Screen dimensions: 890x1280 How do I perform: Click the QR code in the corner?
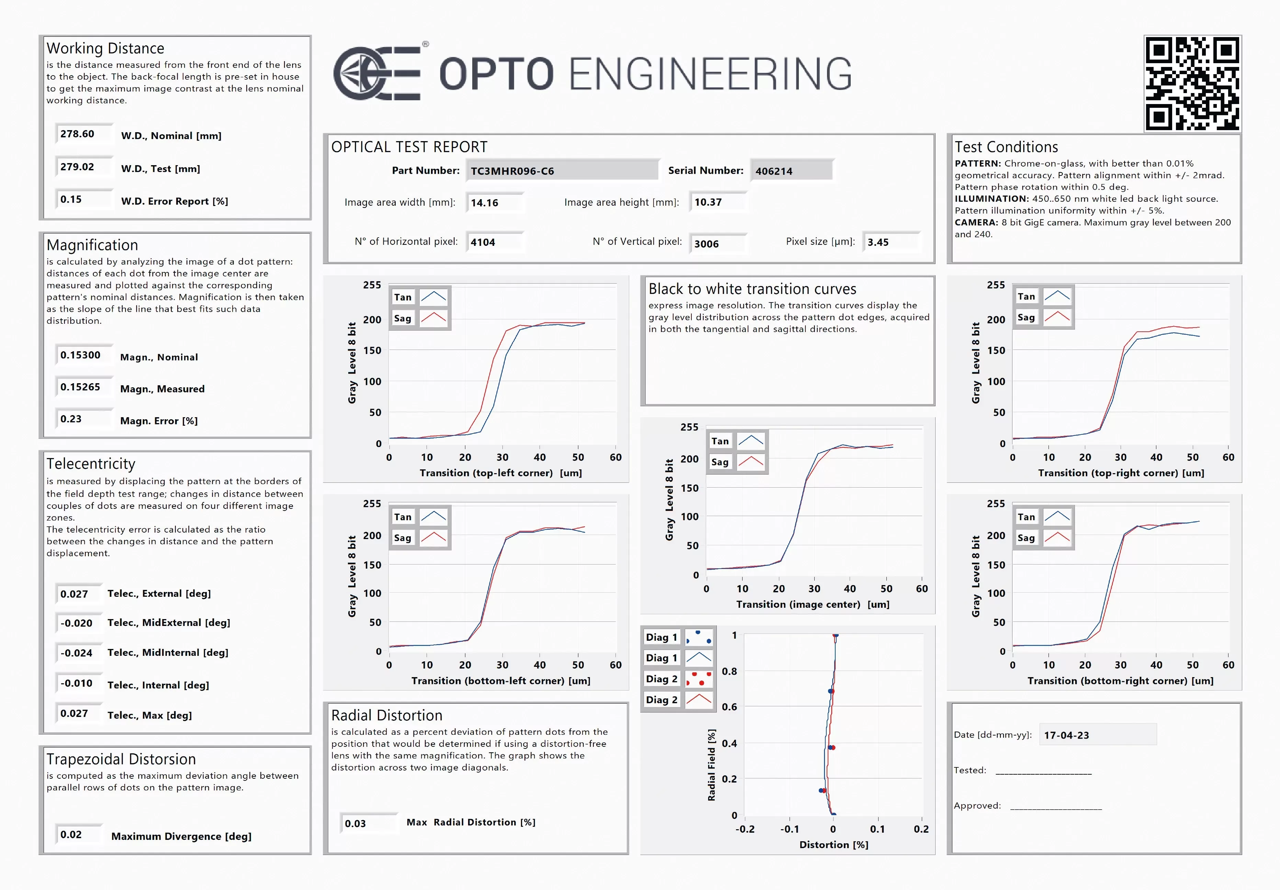pos(1192,83)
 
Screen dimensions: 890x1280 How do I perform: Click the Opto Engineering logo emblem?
pos(376,73)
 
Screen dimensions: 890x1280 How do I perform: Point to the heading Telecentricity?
pos(91,464)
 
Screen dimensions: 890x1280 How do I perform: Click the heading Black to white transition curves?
pos(752,289)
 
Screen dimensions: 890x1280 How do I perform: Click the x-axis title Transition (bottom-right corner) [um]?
pos(1120,681)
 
